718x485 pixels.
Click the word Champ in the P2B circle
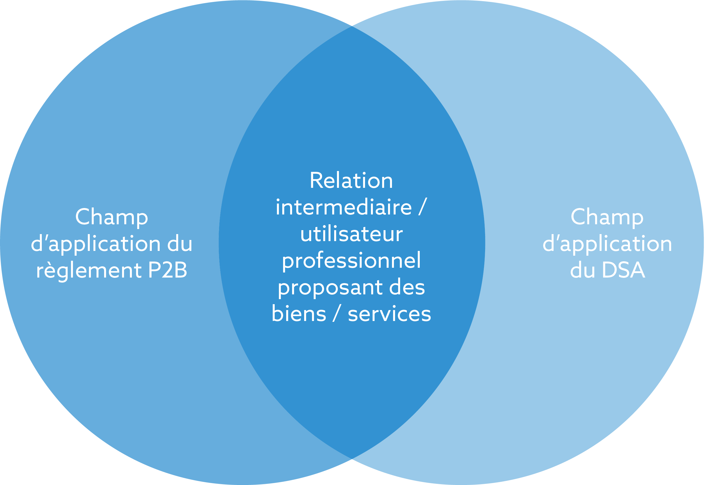(x=112, y=217)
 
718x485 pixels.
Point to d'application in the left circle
(x=96, y=244)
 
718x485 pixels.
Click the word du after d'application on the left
(x=180, y=244)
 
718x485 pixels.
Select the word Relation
(x=351, y=181)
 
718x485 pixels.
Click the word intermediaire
(x=343, y=207)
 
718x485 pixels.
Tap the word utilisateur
(x=351, y=234)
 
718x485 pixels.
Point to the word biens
(x=299, y=314)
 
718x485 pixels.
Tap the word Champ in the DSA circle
(x=607, y=217)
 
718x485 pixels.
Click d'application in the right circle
(x=607, y=244)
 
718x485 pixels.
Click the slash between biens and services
(x=337, y=314)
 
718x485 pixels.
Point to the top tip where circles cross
(x=352, y=27)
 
